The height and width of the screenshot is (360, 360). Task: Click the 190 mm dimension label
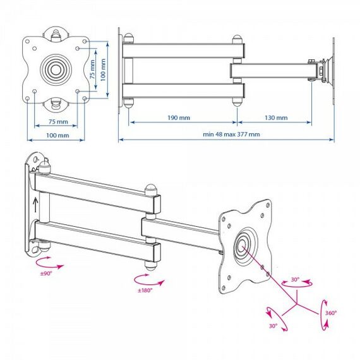pyautogui.click(x=179, y=117)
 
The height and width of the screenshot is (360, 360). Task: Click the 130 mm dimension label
pyautogui.click(x=276, y=117)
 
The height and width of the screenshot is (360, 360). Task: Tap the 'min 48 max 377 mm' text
pyautogui.click(x=231, y=135)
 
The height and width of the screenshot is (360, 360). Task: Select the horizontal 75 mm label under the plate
pyautogui.click(x=58, y=122)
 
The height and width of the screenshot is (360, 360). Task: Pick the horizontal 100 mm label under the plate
pyautogui.click(x=57, y=135)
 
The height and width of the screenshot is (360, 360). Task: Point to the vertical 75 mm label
pyautogui.click(x=92, y=69)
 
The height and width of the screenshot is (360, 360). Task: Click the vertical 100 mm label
pyautogui.click(x=103, y=70)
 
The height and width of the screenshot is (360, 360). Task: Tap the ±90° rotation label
pyautogui.click(x=46, y=273)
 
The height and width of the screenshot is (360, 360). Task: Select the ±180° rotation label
pyautogui.click(x=145, y=290)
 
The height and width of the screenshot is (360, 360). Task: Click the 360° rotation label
pyautogui.click(x=331, y=313)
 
